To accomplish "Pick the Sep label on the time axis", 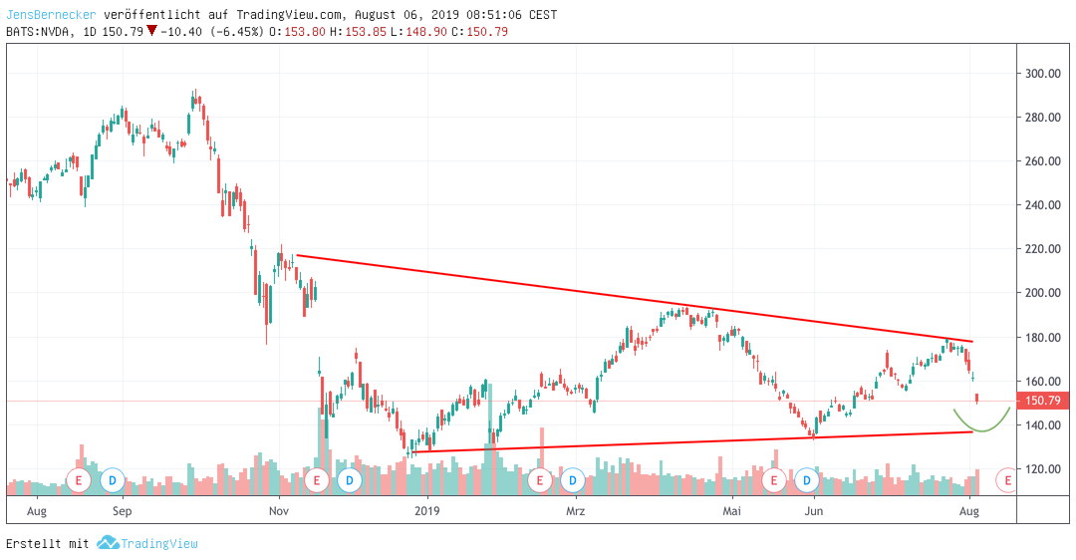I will point(122,512).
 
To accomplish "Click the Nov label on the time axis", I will point(279,512).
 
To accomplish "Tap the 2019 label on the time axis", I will point(427,512).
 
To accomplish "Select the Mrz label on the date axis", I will point(575,512).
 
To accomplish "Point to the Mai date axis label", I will point(732,512).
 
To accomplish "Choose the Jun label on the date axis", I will point(814,512).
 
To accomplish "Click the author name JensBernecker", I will point(49,15).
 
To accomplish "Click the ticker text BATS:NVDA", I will point(39,31).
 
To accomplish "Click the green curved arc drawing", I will point(982,427).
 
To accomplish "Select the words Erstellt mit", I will point(48,543).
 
